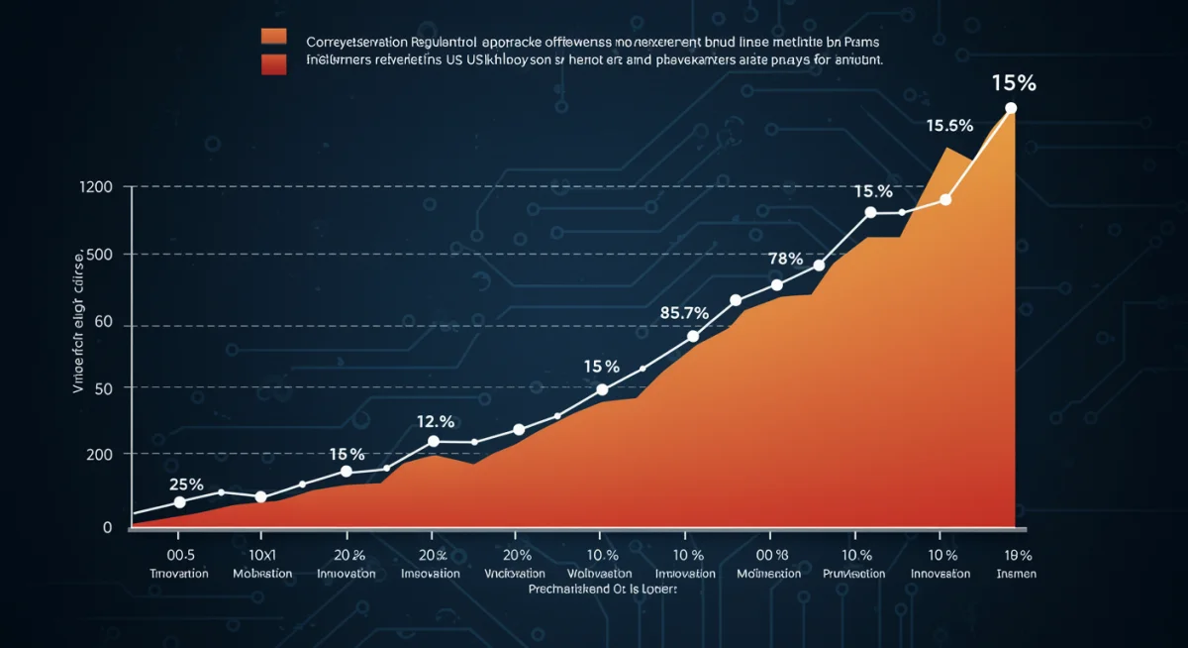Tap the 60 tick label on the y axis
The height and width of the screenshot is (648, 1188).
[102, 323]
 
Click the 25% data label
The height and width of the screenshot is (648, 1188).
[186, 485]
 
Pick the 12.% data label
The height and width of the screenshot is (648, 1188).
[434, 421]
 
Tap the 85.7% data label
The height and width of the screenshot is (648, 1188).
[684, 313]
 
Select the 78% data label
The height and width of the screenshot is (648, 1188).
[785, 259]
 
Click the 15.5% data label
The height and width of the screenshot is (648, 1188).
[949, 126]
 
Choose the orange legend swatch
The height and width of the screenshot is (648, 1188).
[273, 39]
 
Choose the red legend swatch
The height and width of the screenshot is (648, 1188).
[273, 64]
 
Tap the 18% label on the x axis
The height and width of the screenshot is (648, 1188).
[1017, 555]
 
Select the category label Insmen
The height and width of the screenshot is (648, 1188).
[1017, 574]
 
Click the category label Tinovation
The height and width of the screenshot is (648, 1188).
[178, 574]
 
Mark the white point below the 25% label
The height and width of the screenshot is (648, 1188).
[179, 502]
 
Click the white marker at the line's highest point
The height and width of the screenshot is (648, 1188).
[1011, 108]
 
